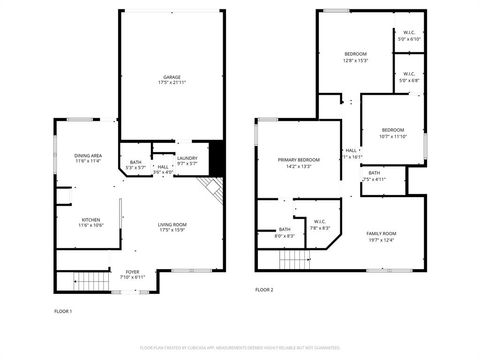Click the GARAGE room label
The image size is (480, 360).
coord(171,76)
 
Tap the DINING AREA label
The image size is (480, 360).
coord(88,155)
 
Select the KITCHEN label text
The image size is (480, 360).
coord(90,220)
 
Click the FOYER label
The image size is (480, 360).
coord(132,270)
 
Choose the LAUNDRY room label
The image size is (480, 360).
coord(187,157)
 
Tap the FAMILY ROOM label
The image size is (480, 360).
coord(382,233)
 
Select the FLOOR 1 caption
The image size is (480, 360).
coord(63,311)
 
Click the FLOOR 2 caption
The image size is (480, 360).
coord(264,289)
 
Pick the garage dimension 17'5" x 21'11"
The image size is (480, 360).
coord(171,83)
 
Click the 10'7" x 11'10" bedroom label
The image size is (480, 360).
coord(392,136)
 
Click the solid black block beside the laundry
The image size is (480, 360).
coord(213,157)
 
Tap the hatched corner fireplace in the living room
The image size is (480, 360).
coord(211,189)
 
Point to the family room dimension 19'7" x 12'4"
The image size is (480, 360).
coord(382,240)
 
